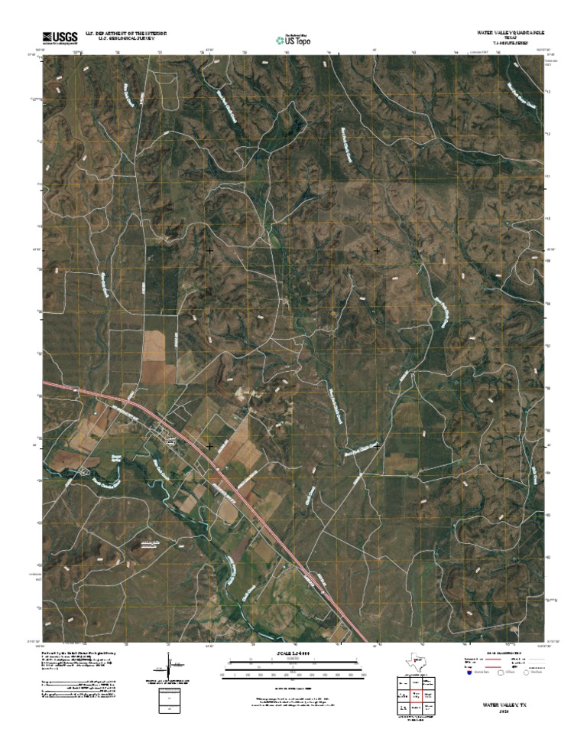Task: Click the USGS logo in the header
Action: pyautogui.click(x=60, y=37)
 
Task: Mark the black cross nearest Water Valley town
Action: pyautogui.click(x=209, y=445)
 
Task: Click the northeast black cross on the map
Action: pyautogui.click(x=377, y=250)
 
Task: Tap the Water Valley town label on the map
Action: pyautogui.click(x=170, y=441)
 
